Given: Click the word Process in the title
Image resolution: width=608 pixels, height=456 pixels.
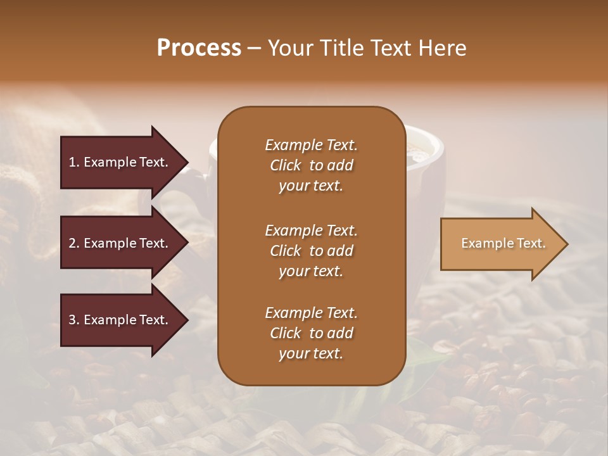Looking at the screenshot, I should coord(199,48).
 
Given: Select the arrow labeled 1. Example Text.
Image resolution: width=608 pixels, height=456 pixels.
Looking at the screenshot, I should coord(120,162).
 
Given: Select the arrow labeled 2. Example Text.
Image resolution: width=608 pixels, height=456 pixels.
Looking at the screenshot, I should coord(120,243).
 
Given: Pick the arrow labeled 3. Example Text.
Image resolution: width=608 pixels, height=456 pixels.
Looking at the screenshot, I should coord(120,320).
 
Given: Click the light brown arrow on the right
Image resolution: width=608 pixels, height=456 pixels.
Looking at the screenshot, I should coord(500,244).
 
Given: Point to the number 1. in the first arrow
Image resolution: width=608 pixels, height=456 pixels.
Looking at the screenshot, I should coord(74,162).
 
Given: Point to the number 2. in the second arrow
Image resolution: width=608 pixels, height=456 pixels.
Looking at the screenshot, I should coord(74,243).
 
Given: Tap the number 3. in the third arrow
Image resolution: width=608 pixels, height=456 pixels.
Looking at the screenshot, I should coord(74,320).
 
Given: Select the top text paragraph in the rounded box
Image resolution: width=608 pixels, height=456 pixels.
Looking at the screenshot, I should coord(311,165).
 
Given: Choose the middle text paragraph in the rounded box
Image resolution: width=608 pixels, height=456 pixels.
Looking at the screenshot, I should coord(311,250).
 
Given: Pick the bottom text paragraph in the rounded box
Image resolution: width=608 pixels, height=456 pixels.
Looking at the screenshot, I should coord(311,333).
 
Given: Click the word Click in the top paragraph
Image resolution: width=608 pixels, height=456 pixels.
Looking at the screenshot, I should coord(286,165).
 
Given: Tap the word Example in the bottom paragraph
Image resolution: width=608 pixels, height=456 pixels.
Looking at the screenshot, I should coord(292,313).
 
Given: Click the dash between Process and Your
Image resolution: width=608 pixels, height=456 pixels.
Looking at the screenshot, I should coord(255,49).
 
